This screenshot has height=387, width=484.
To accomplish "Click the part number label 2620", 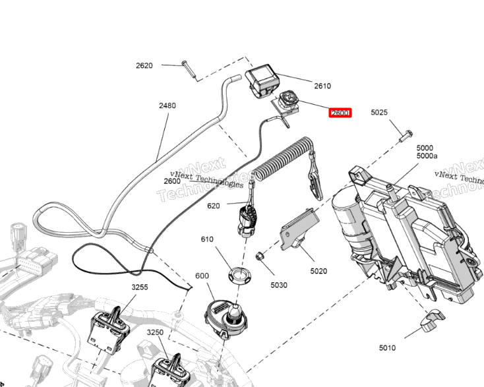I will [x=144, y=65].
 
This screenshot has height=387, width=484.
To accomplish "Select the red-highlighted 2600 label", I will [x=340, y=113].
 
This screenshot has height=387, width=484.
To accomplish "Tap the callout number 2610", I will [x=322, y=86].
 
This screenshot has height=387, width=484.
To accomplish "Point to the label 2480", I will [x=167, y=105].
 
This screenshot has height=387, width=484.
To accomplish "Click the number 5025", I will [x=379, y=113].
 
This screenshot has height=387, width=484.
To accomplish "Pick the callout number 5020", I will [x=318, y=271].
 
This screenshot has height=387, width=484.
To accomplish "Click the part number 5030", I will [x=279, y=285].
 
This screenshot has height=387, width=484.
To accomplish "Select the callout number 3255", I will [x=140, y=287].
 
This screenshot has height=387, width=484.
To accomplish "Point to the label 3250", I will [x=154, y=332].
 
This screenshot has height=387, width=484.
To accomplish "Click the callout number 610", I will [x=207, y=239].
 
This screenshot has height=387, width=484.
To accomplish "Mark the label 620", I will [x=213, y=206].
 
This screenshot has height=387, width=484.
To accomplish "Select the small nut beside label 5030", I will [x=260, y=255].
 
